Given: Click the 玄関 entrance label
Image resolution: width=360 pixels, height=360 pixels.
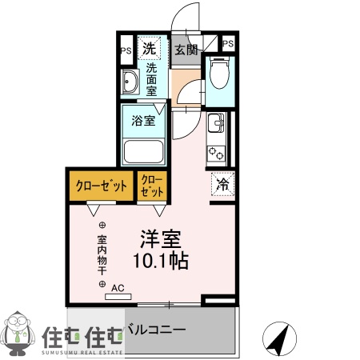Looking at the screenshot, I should [186, 50].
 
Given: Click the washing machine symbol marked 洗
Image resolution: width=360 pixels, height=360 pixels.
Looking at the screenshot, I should [149, 49].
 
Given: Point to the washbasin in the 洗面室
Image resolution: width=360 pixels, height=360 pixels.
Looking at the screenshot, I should [130, 82].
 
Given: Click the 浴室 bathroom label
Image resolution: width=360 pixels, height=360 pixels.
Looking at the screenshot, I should [143, 122].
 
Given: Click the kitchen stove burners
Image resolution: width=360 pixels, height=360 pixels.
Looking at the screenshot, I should [215, 150].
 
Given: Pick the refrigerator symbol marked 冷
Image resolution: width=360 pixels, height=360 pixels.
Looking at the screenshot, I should [222, 184].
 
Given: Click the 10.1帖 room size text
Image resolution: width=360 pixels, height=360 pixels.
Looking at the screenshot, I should [161, 262].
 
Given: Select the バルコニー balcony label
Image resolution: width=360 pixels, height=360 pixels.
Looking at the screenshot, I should [158, 329].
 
